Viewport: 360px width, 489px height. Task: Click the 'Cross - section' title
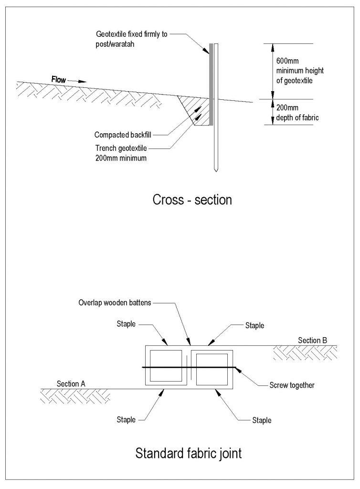click(x=192, y=200)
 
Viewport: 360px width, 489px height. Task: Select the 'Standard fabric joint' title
click(x=189, y=452)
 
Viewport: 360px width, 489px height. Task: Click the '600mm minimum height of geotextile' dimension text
click(x=293, y=71)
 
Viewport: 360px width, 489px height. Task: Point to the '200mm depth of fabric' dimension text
click(x=292, y=112)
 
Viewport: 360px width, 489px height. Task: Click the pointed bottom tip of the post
click(x=216, y=170)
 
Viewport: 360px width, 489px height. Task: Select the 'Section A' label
click(x=71, y=383)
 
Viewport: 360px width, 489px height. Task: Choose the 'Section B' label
click(x=313, y=340)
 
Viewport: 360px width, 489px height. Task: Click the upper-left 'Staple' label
click(x=126, y=324)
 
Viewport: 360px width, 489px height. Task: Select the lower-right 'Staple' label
click(x=262, y=420)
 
